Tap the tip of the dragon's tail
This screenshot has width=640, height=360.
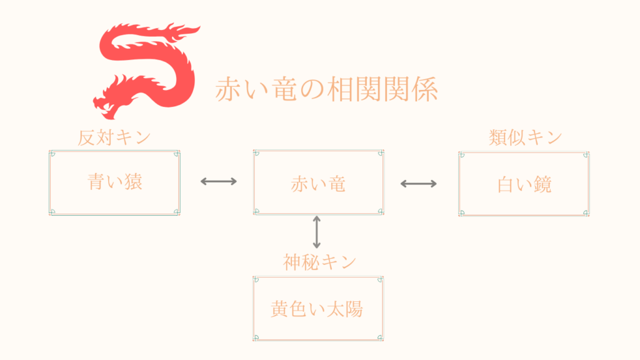[199, 27]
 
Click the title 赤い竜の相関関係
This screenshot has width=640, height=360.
[326, 89]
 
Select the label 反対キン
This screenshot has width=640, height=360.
[114, 137]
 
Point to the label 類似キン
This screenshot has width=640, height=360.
[525, 137]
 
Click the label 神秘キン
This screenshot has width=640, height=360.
[319, 262]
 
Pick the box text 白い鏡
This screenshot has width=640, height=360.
[524, 184]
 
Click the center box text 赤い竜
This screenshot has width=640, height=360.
[318, 184]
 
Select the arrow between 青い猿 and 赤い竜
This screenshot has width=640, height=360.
[219, 182]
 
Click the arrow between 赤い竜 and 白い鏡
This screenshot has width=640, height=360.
[419, 184]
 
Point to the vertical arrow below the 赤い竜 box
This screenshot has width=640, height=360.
[316, 232]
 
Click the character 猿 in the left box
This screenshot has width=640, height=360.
[133, 182]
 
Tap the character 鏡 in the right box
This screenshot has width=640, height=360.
[543, 184]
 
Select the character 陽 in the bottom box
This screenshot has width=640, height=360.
[354, 309]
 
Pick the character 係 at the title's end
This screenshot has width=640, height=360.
[425, 89]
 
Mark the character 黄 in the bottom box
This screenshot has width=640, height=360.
[279, 309]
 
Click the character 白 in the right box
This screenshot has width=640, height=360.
[506, 185]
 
